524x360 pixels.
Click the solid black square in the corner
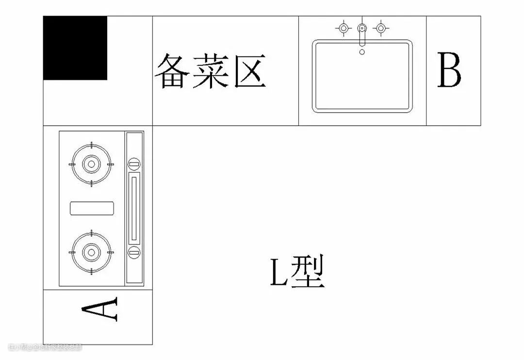coord(75,48)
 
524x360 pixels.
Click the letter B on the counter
coord(449,70)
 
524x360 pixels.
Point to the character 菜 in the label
coord(210,71)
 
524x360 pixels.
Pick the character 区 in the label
coord(250,71)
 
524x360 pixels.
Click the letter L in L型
coord(279,273)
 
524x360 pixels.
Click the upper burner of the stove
coord(91,164)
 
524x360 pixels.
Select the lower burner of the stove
coord(91,252)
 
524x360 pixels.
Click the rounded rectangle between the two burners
coord(92,208)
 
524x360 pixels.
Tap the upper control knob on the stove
coord(134,164)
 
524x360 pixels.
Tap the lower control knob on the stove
coord(134,252)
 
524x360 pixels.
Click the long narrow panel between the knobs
coord(134,208)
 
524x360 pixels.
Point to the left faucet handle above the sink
coord(344,28)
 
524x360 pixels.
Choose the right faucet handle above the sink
coord(381,28)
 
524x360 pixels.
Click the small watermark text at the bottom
coord(45,347)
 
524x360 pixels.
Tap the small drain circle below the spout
coord(362,51)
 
